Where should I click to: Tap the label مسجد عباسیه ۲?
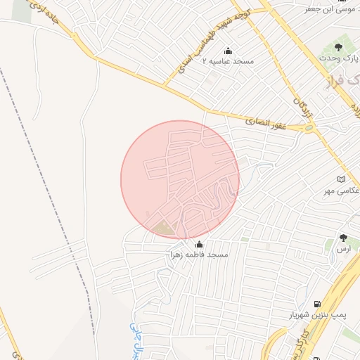coord(228,62)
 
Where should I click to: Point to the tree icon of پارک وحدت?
coord(338,48)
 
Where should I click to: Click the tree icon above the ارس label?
coord(343,238)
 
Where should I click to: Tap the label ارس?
coord(342,249)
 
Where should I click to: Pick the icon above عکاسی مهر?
coord(342,179)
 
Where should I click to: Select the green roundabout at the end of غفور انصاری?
coord(309,129)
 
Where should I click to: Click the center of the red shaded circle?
coord(180,179)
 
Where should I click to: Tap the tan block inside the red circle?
coord(162,227)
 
